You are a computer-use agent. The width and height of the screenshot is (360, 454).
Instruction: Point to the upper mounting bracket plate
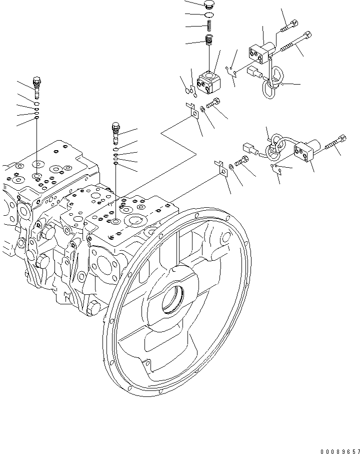192,112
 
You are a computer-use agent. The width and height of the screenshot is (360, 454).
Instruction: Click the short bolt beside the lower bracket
241,162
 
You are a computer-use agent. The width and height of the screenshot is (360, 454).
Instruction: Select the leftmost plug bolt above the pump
36,86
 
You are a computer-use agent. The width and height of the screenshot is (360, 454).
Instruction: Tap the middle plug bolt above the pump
116,131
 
